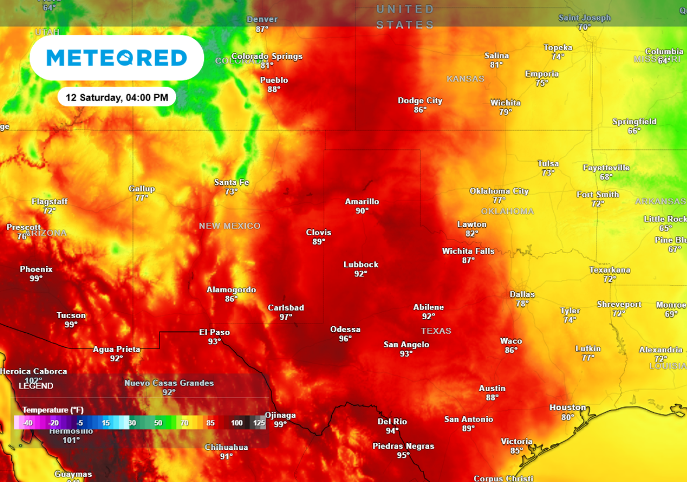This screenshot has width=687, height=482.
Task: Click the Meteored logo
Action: pyautogui.click(x=116, y=58)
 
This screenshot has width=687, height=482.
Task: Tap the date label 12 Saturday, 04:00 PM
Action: pyautogui.click(x=117, y=98)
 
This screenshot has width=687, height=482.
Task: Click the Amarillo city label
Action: pyautogui.click(x=362, y=202)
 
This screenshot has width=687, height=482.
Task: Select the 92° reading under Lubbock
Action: pyautogui.click(x=361, y=274)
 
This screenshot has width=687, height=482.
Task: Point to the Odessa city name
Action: pyautogui.click(x=345, y=329)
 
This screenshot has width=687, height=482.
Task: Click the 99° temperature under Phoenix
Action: pyautogui.click(x=36, y=278)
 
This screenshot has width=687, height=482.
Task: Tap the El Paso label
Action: pyautogui.click(x=215, y=332)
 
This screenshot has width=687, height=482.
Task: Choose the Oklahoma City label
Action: pyautogui.click(x=499, y=191)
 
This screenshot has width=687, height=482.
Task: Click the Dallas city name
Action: pyautogui.click(x=522, y=294)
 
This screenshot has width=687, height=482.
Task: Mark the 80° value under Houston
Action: pyautogui.click(x=568, y=417)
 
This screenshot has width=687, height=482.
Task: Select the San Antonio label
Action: pyautogui.click(x=469, y=419)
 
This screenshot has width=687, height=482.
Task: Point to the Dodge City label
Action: pyautogui.click(x=420, y=100)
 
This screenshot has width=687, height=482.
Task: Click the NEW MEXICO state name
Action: pyautogui.click(x=230, y=226)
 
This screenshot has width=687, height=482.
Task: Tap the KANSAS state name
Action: pyautogui.click(x=465, y=79)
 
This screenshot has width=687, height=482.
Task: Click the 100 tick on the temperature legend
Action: pyautogui.click(x=237, y=423)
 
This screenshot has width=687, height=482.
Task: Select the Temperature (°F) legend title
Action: pyautogui.click(x=53, y=410)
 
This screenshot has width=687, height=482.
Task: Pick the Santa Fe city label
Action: pyautogui.click(x=231, y=182)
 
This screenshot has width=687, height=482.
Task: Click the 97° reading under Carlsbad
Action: pyautogui.click(x=286, y=317)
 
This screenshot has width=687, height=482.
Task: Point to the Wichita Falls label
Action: pyautogui.click(x=469, y=251)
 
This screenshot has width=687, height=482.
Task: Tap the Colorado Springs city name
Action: pyautogui.click(x=267, y=56)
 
